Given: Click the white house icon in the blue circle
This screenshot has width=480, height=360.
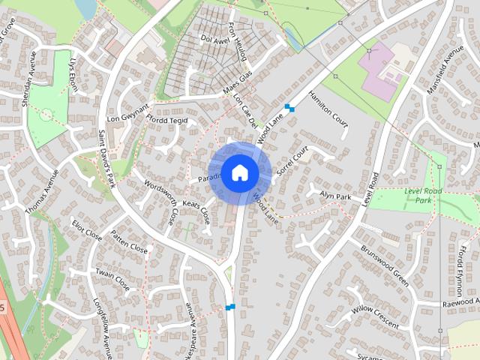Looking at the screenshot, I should (x=239, y=172).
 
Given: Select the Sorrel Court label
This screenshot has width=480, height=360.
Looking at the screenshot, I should (x=292, y=161).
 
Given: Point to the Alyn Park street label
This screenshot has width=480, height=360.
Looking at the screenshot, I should (x=335, y=196).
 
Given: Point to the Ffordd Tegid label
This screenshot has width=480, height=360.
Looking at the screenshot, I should (x=167, y=122).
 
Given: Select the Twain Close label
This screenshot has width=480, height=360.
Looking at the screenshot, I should (x=112, y=278).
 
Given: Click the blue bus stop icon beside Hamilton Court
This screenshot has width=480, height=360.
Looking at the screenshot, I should (x=289, y=108).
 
